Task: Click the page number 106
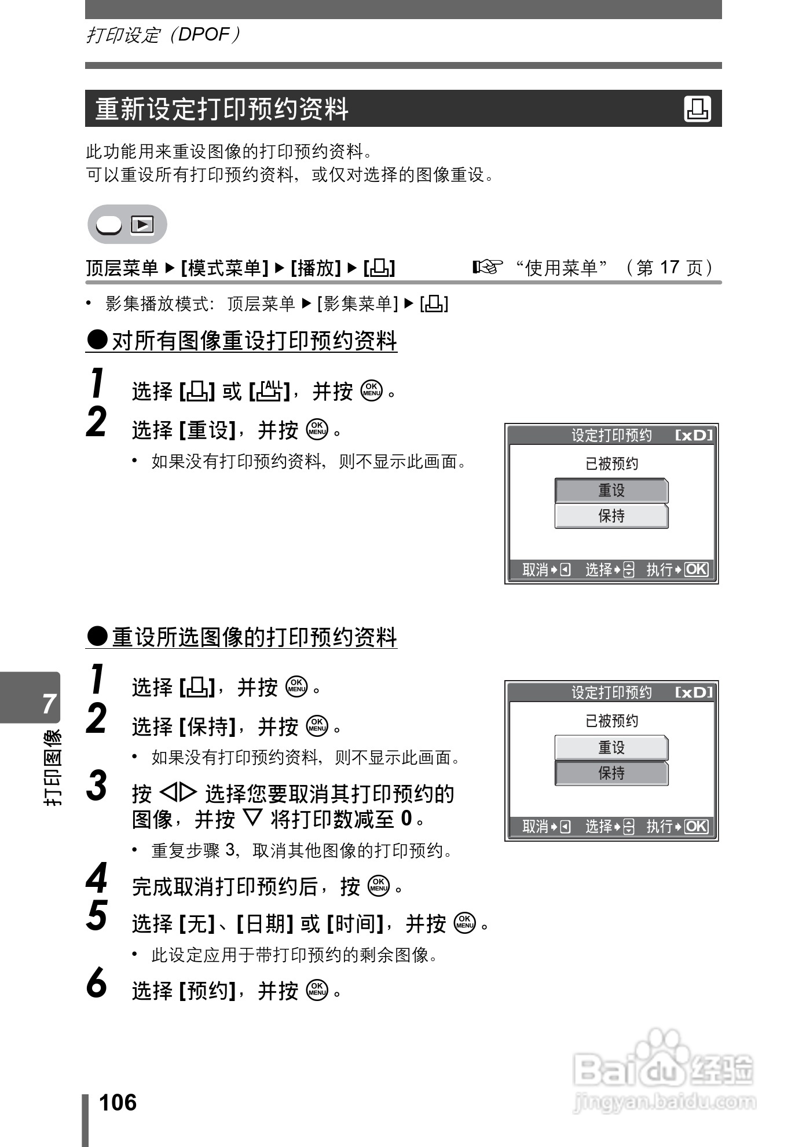(118, 1102)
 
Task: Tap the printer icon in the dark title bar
(697, 109)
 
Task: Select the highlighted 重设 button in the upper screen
(611, 491)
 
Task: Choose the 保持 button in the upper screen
(611, 516)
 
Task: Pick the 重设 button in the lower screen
(611, 747)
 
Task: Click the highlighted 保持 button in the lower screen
(611, 773)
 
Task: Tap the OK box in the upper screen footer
(695, 569)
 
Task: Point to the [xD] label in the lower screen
(694, 692)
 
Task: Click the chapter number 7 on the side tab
(49, 703)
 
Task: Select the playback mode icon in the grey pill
(142, 224)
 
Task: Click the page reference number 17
(669, 267)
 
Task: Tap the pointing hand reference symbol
(487, 267)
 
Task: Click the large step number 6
(97, 983)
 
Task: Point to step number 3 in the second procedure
(97, 786)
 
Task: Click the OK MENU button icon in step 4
(379, 886)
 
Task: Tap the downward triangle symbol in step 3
(252, 817)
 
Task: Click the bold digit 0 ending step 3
(406, 818)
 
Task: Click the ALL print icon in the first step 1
(269, 391)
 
